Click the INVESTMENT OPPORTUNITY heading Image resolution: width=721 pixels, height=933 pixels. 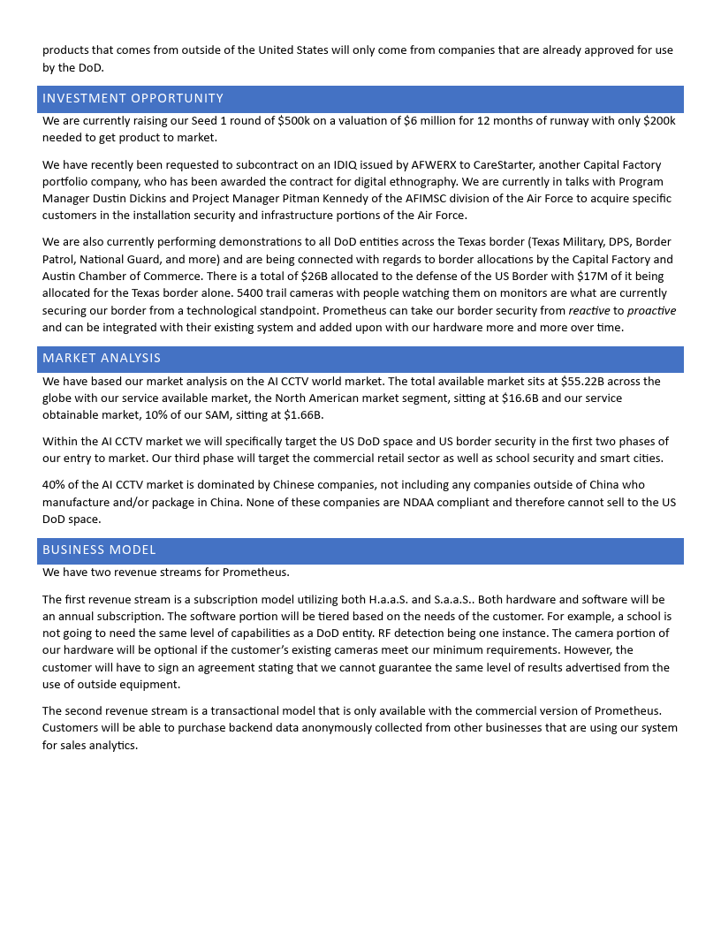(x=133, y=98)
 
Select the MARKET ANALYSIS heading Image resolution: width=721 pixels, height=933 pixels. (x=102, y=358)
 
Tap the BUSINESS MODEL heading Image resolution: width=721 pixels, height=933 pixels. (x=99, y=550)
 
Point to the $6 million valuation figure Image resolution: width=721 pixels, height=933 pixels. (x=434, y=121)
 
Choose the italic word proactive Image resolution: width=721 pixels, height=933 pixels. (x=651, y=310)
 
